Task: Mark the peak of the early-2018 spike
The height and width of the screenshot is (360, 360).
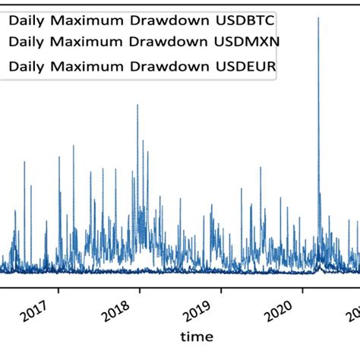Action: click(137, 105)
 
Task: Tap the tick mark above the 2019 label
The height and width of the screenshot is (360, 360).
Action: click(220, 289)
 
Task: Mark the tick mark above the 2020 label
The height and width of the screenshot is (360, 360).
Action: click(302, 289)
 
